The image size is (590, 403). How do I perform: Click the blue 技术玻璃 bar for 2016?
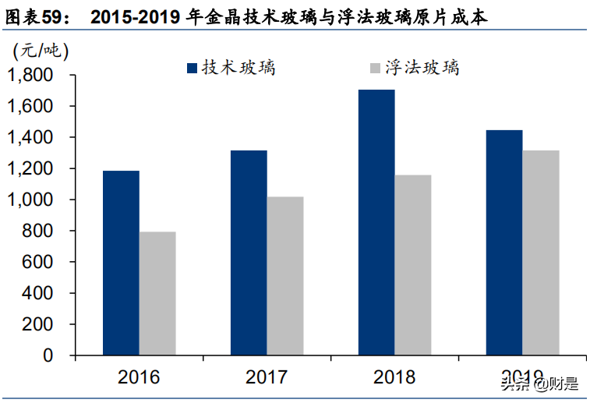coord(121,263)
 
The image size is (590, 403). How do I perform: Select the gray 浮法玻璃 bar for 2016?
coord(157,293)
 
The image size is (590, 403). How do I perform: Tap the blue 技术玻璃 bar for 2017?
coord(249,253)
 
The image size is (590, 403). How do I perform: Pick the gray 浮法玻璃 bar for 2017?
coord(285,276)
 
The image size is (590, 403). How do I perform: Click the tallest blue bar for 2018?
coord(376,222)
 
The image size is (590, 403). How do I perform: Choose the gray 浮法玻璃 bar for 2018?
coord(413,265)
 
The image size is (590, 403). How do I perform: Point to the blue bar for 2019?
coord(504,242)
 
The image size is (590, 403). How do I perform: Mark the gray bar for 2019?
coord(541,253)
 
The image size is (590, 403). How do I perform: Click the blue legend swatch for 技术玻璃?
coord(193,69)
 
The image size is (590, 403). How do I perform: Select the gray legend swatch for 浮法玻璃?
coord(373,69)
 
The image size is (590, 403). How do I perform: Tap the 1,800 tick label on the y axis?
coord(30,76)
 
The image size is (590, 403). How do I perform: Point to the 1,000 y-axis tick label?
coord(30,200)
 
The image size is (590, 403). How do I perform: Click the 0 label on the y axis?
coord(48,355)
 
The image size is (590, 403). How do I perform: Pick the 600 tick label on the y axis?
coord(37,263)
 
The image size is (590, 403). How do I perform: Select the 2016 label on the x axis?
coord(139,378)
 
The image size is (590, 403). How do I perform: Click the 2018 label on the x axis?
coord(394,378)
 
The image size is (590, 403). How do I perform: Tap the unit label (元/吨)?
coord(41,51)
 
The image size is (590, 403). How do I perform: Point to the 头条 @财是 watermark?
coord(539,383)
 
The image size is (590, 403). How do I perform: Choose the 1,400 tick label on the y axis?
coord(30,138)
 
